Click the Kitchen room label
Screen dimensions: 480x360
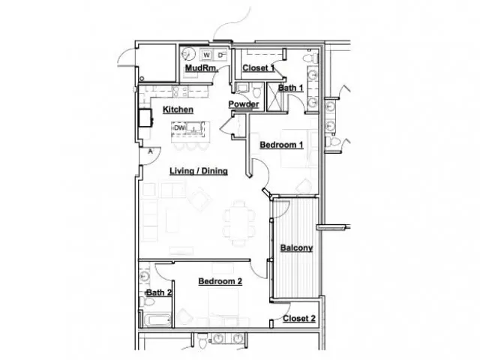178,109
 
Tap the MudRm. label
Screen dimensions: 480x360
202,67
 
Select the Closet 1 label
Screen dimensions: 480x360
258,68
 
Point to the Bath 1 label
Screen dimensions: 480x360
290,88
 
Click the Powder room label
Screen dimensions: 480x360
244,104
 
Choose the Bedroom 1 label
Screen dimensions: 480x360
282,145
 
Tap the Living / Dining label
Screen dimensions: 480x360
199,171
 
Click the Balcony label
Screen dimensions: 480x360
297,247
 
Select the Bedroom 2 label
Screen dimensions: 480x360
220,281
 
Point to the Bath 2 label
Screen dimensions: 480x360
158,292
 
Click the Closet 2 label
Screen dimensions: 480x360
299,319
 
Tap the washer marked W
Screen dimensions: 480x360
207,55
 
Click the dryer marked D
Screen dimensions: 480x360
220,55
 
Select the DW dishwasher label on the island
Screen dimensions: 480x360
179,128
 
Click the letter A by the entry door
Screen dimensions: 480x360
150,151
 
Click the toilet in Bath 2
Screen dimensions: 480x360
147,301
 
